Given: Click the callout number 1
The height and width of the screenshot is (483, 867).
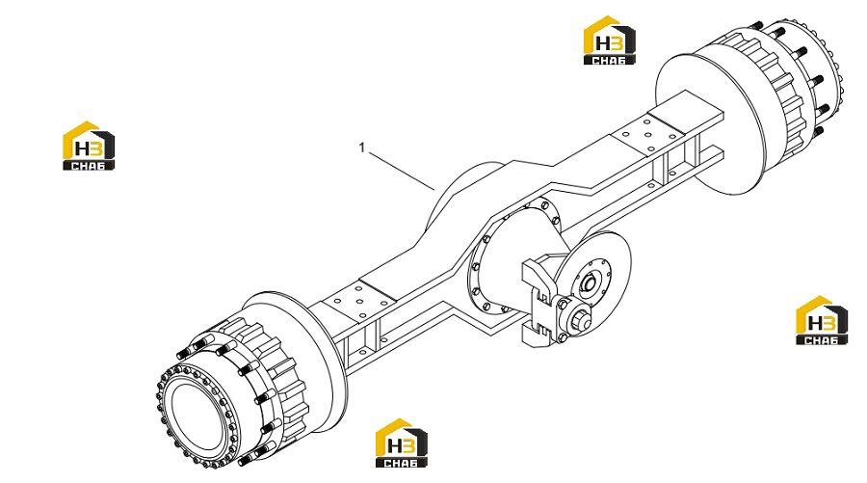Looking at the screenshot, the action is pos(362,148).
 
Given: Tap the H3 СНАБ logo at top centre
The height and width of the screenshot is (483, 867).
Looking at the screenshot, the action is pos(610,40).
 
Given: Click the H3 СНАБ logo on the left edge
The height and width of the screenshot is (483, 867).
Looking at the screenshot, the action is pos(89,146).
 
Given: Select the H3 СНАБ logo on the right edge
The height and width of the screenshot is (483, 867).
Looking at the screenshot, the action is pos(821,320).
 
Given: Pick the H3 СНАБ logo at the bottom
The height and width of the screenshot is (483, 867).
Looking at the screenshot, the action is pos(401,443).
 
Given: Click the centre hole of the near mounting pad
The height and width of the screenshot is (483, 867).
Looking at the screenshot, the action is pos(360,302).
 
